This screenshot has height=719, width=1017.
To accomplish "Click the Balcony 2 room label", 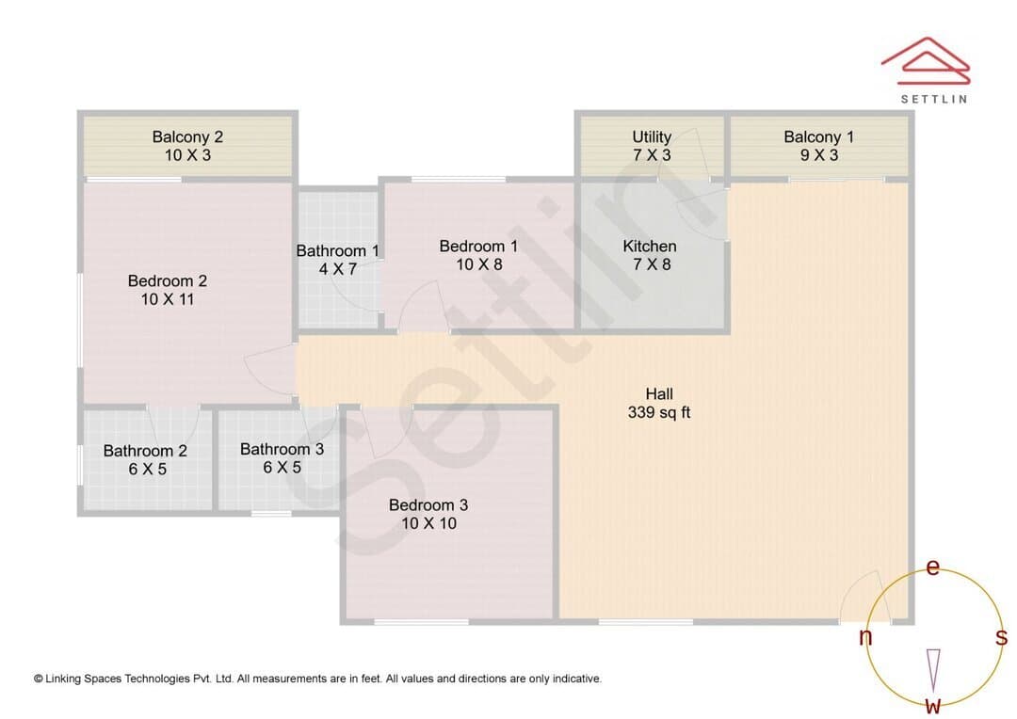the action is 187,136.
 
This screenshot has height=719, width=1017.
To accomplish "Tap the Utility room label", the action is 652,136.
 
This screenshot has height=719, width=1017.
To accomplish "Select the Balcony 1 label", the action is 818,136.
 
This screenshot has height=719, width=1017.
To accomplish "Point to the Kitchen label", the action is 649,247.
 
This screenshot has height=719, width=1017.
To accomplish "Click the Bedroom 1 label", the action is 478,247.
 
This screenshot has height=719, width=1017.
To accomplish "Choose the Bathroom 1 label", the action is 337,251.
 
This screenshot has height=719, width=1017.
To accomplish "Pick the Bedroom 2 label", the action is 168,280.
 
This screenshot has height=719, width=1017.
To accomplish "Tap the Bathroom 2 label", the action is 145,451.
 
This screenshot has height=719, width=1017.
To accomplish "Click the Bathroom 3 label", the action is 282,449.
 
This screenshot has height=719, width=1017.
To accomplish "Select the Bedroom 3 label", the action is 428,505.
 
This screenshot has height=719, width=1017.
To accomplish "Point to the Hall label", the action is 659,393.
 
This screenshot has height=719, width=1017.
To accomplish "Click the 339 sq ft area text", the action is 659,412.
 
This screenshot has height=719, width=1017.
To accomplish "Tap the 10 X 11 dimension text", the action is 168,299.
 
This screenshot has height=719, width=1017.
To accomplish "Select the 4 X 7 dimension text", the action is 338,269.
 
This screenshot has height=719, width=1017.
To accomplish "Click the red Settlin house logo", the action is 926,61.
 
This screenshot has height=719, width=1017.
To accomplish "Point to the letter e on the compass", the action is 932,567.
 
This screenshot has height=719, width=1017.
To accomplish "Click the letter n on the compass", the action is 865,637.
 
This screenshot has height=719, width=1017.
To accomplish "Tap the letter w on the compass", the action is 932,705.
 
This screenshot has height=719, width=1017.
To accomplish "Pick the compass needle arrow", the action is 933,670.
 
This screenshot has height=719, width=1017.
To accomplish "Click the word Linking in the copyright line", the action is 64,679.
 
